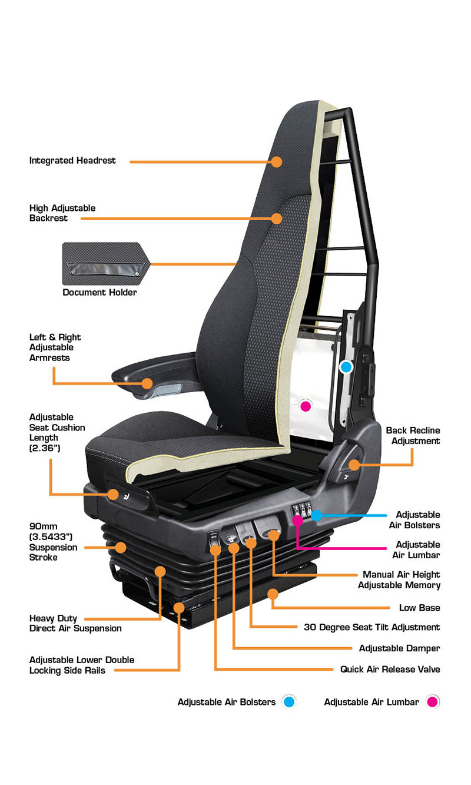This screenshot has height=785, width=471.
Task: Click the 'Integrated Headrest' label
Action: click(x=72, y=161)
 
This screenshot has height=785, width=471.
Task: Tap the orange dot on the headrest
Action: click(x=277, y=161)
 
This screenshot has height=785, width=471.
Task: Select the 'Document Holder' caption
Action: click(x=99, y=292)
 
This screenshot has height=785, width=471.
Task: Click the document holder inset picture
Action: click(x=106, y=264)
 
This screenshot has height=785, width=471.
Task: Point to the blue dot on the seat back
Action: click(x=346, y=367)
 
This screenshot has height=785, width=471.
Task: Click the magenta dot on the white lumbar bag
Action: click(x=306, y=406)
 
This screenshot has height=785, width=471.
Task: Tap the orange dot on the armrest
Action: click(x=148, y=383)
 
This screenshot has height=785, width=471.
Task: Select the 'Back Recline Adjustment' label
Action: click(x=413, y=436)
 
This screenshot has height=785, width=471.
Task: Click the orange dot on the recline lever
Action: click(x=354, y=465)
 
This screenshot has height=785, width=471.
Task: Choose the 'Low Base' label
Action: click(x=419, y=608)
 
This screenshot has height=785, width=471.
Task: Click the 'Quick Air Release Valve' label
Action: click(x=390, y=670)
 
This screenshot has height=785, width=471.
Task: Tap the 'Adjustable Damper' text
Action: click(x=400, y=648)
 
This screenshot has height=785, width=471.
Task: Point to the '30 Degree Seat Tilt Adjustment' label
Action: click(x=372, y=627)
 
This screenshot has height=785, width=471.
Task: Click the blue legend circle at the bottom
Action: click(x=289, y=701)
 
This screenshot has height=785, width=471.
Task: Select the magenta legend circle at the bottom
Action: click(x=433, y=701)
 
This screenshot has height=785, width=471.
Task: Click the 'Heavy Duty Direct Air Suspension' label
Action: click(x=75, y=623)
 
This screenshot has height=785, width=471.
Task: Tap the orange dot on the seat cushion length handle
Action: click(x=113, y=495)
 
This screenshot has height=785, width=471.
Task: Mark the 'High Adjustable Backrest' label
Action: click(x=62, y=213)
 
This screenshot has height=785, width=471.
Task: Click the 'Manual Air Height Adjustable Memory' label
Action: click(x=399, y=579)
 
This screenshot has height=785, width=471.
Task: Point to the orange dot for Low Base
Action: click(x=273, y=594)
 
